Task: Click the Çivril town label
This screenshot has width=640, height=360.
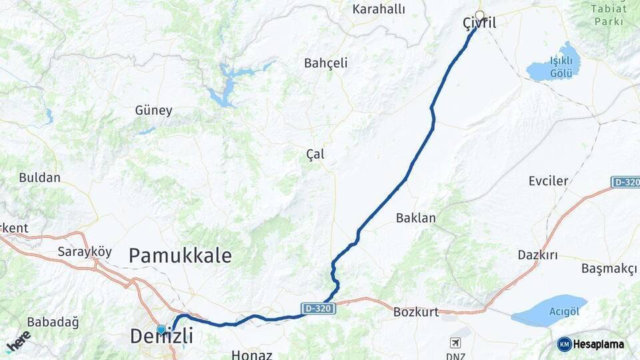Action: pyautogui.click(x=479, y=23)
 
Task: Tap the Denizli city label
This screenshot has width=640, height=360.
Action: pyautogui.click(x=161, y=337)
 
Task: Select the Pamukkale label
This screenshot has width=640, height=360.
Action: pyautogui.click(x=180, y=255)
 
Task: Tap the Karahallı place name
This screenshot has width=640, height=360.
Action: pyautogui.click(x=379, y=9)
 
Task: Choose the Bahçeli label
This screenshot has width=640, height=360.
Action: pyautogui.click(x=326, y=63)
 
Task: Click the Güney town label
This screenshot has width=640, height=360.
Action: pyautogui.click(x=153, y=111)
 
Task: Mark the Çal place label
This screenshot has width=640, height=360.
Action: pyautogui.click(x=315, y=154)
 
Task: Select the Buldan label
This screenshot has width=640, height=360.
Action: pyautogui.click(x=39, y=178)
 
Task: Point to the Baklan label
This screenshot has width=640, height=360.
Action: pyautogui.click(x=415, y=218)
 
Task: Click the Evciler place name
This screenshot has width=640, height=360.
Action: pyautogui.click(x=548, y=181)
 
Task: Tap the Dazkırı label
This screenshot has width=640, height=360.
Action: pyautogui.click(x=537, y=255)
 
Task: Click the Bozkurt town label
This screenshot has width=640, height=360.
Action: pyautogui.click(x=415, y=311)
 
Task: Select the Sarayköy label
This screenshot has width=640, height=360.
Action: pyautogui.click(x=84, y=252)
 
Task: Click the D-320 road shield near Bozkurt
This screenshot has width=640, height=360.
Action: pyautogui.click(x=317, y=309)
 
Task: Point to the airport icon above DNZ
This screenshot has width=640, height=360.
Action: pyautogui.click(x=456, y=343)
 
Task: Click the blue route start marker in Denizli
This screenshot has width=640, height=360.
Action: pyautogui.click(x=161, y=329)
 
